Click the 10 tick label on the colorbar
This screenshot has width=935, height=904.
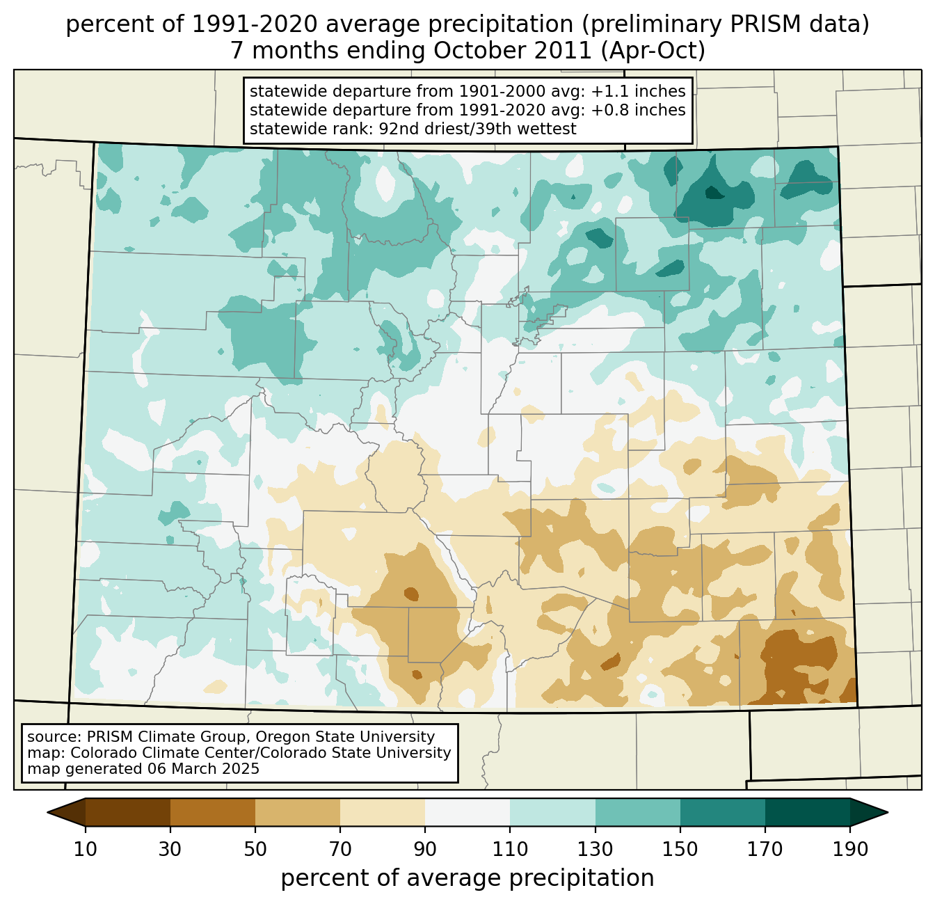pyautogui.click(x=86, y=849)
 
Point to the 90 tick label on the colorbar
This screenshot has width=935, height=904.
pyautogui.click(x=425, y=849)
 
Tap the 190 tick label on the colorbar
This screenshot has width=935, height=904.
pyautogui.click(x=850, y=849)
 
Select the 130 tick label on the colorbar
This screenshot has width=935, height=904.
pyautogui.click(x=596, y=849)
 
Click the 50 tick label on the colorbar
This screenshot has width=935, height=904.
pyautogui.click(x=255, y=849)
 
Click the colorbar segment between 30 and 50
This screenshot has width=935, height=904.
pyautogui.click(x=213, y=812)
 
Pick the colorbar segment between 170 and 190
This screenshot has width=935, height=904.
pyautogui.click(x=808, y=812)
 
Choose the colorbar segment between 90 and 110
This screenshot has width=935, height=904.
pyautogui.click(x=467, y=812)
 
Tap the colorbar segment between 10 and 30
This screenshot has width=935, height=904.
pyautogui.click(x=128, y=812)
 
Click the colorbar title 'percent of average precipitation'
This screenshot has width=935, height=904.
pyautogui.click(x=467, y=878)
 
